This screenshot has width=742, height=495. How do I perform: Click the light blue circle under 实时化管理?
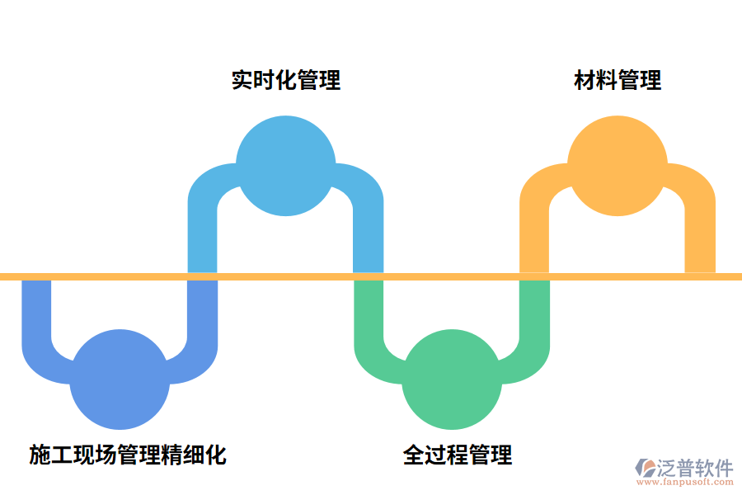pyautogui.click(x=285, y=165)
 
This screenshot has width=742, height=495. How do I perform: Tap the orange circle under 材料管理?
pyautogui.click(x=618, y=165)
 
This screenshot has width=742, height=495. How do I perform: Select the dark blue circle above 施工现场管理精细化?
pyautogui.click(x=120, y=379)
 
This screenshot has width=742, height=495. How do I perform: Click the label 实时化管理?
pyautogui.click(x=285, y=80)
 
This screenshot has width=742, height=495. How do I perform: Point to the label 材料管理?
pyautogui.click(x=618, y=80)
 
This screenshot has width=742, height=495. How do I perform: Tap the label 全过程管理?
pyautogui.click(x=458, y=455)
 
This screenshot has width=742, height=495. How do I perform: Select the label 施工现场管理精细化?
pyautogui.click(x=128, y=455)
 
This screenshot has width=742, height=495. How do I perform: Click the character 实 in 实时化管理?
pyautogui.click(x=242, y=80)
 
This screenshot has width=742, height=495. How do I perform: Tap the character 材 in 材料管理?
pyautogui.click(x=585, y=80)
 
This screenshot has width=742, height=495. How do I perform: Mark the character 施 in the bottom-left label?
pyautogui.click(x=40, y=455)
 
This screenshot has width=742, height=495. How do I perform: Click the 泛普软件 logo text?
pyautogui.click(x=694, y=468)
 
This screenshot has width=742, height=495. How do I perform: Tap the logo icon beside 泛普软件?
pyautogui.click(x=644, y=469)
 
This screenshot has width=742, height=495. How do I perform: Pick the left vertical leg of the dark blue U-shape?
pyautogui.click(x=36, y=313)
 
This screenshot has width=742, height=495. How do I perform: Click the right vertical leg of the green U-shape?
pyautogui.click(x=534, y=313)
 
